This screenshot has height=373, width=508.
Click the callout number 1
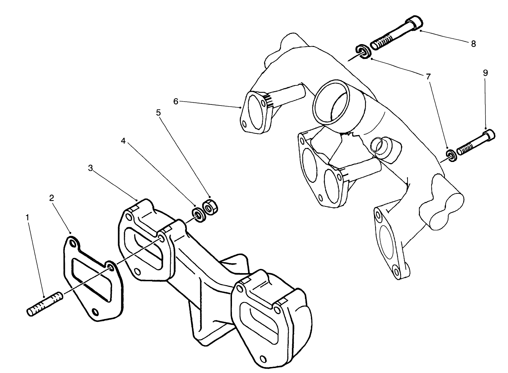[x=27, y=217]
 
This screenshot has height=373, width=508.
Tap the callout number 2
[x=52, y=198]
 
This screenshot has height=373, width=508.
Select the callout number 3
[x=91, y=168]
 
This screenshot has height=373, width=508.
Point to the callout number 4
[x=123, y=141]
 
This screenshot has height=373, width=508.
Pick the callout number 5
[x=158, y=113]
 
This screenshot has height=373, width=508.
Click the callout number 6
[x=176, y=101]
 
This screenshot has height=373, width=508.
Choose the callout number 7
[x=428, y=76]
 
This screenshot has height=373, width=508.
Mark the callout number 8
[x=473, y=44]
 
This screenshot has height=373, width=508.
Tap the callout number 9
[x=485, y=73]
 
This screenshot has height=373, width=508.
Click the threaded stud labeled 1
[x=44, y=304]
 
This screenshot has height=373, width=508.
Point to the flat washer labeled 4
[x=198, y=215]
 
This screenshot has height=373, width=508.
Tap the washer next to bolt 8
[x=362, y=51]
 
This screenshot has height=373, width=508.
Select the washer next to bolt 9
[x=451, y=155]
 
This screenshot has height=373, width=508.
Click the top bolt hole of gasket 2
[x=73, y=244]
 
